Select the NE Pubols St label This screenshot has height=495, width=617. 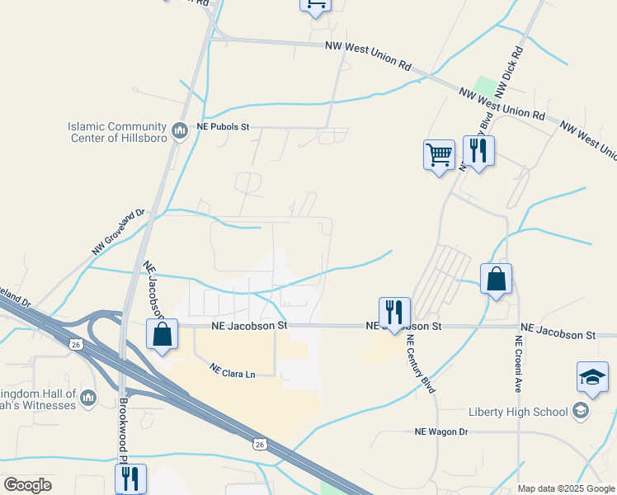click(222, 128)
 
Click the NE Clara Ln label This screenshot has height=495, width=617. click(232, 371)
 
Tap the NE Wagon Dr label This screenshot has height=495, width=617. click(440, 431)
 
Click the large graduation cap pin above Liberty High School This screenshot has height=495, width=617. click(592, 377)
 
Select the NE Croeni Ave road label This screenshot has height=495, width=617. click(520, 363)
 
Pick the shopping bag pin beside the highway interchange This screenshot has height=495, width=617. click(162, 335)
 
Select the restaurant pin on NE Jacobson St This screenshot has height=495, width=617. click(393, 313)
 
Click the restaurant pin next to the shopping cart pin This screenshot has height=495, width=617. click(478, 151)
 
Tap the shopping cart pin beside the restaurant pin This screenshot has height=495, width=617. click(439, 154)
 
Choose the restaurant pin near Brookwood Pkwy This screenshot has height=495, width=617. click(130, 478)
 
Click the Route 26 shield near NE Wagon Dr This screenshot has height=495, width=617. click(259, 444)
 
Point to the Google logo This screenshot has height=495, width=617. click(27, 485)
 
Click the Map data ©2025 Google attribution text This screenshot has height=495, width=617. click(566, 488)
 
